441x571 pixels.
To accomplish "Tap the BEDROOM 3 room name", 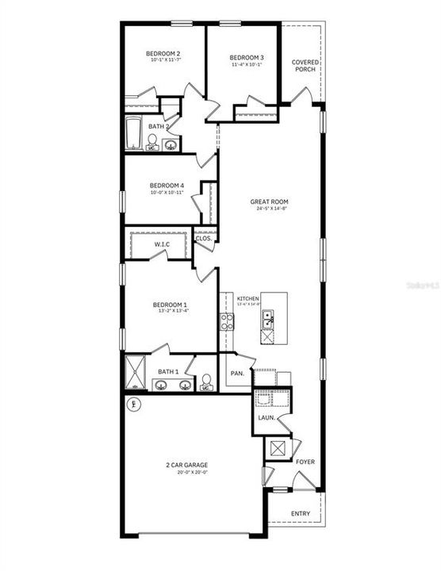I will [x=247, y=57].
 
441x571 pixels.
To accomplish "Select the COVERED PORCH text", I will [x=304, y=66].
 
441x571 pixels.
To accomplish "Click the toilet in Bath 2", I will [x=151, y=142].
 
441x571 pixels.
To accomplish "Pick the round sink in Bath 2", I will [x=170, y=144].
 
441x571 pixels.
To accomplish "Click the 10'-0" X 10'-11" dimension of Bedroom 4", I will [x=167, y=193].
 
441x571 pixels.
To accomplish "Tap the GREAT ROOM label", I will [x=270, y=202].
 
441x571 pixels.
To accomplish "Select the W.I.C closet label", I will [x=162, y=244].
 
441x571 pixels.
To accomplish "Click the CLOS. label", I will [x=203, y=237].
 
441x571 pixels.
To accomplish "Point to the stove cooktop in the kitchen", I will [x=227, y=321].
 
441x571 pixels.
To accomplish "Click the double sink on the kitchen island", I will [x=268, y=320].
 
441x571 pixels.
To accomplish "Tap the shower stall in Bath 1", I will [x=133, y=372].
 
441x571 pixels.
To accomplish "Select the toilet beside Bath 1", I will [x=205, y=384].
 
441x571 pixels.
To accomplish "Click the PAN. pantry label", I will [x=236, y=373].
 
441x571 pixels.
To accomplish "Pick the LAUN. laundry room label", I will [x=267, y=416].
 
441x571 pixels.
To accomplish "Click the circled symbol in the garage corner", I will [x=132, y=405].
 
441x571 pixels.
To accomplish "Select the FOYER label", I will [x=305, y=461].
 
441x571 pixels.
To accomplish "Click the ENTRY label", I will [x=301, y=514].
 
